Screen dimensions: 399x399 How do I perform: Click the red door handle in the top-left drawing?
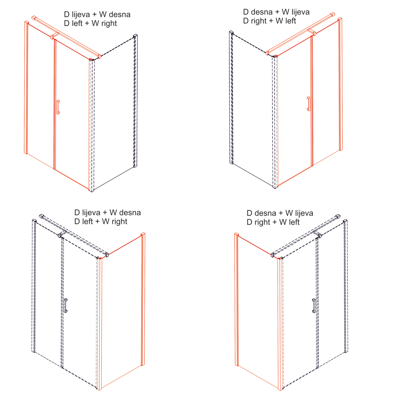(58, 107)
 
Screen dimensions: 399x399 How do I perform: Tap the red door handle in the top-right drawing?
(309, 104)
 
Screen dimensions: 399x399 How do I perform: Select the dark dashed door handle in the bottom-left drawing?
(66, 306)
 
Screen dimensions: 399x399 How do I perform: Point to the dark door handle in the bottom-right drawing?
(314, 306)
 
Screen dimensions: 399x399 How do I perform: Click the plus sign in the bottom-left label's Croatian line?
(105, 213)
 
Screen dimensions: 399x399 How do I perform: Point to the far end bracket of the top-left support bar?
(34, 18)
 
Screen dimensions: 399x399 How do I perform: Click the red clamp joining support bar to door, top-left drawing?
(55, 36)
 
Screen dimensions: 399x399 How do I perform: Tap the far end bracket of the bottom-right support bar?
(338, 216)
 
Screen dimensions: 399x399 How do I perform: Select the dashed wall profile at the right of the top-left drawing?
(135, 101)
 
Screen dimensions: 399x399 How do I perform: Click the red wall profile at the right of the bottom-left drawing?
(143, 299)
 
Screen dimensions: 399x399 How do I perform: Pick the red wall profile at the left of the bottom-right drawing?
(237, 300)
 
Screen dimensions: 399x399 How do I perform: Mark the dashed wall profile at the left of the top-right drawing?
(231, 97)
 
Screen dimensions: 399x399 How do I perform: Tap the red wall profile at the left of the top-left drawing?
(26, 87)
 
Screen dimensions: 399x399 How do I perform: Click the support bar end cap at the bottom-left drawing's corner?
(107, 255)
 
